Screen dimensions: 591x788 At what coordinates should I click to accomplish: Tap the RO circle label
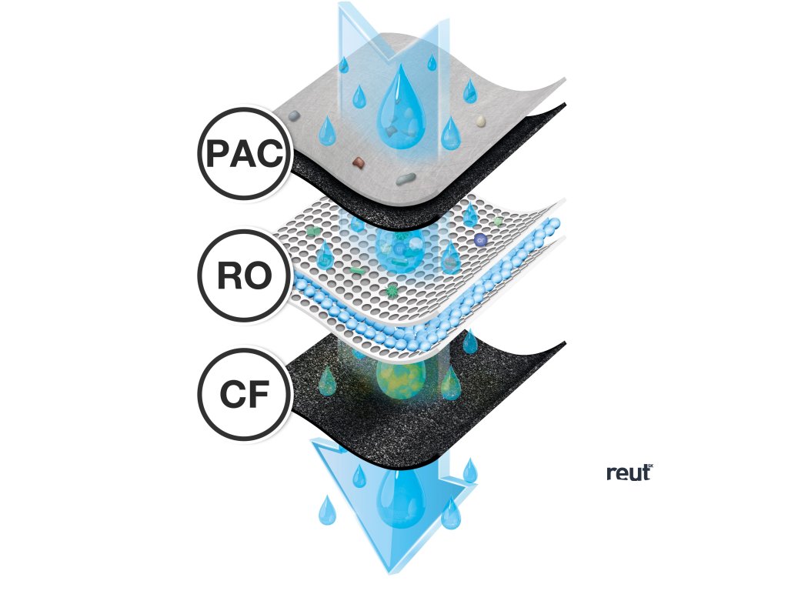point(244,275)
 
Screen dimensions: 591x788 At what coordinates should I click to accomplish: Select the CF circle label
point(244,396)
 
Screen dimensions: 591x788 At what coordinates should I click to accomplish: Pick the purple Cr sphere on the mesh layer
point(480,240)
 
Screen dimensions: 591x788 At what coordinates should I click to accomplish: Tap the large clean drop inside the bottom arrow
point(400,497)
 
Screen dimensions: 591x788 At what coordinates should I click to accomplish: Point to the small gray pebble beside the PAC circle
point(293,116)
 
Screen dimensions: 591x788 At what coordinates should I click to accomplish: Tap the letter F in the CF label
point(258,396)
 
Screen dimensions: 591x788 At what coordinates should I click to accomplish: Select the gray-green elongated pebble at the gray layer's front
point(405,179)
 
